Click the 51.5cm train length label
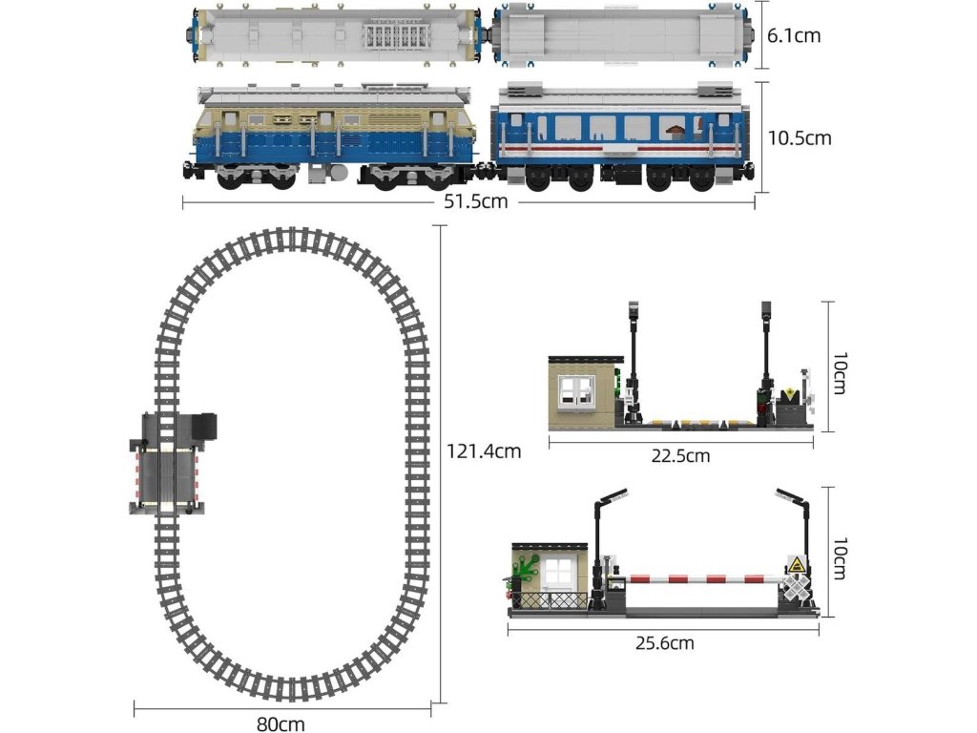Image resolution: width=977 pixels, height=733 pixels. click(475, 202)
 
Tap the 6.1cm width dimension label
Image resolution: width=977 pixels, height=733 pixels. click(794, 36)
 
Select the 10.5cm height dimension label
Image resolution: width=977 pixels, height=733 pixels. click(799, 137)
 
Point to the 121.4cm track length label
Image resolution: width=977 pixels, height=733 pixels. click(484, 450)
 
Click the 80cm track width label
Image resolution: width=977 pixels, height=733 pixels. click(281, 723)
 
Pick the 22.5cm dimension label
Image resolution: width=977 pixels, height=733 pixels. click(680, 455)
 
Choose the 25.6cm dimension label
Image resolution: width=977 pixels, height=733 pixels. click(664, 643)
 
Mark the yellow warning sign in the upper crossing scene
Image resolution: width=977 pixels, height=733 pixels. click(791, 395)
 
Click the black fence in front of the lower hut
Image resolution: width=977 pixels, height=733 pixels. click(551, 600)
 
